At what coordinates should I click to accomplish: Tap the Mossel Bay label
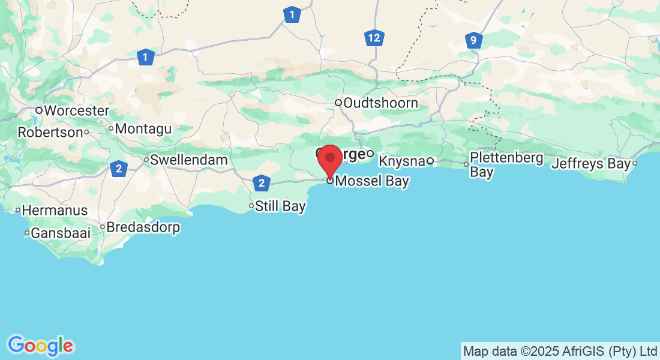(372, 181)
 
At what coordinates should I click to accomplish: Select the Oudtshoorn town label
(381, 103)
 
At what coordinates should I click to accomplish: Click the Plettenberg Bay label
(506, 164)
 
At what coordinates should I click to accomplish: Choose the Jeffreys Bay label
(591, 163)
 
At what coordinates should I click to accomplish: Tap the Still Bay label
(280, 206)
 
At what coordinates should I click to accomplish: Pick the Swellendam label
(189, 160)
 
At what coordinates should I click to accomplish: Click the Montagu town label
(143, 129)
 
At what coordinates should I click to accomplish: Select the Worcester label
(76, 111)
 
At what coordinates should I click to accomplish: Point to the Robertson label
(50, 132)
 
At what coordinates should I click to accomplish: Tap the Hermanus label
(55, 211)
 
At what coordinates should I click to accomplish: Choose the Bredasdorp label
(143, 228)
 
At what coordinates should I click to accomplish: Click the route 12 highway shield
(374, 38)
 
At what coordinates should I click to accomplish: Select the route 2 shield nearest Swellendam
(119, 169)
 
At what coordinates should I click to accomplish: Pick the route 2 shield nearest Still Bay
(261, 182)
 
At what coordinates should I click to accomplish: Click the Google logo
(40, 346)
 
